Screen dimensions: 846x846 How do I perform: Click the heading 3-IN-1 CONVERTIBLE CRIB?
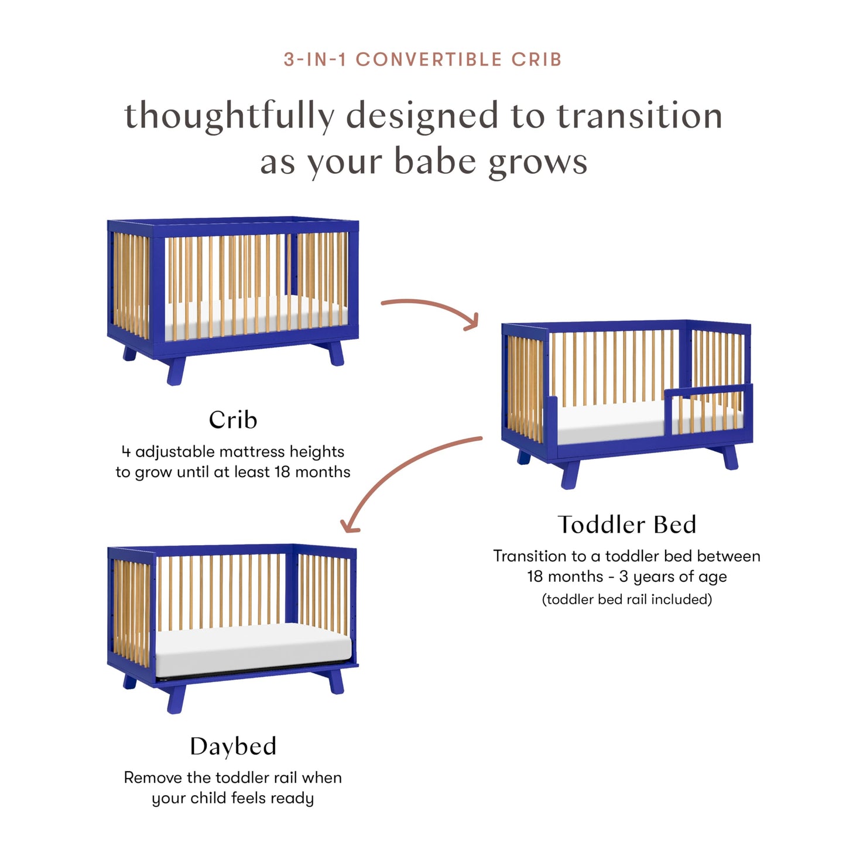click(423, 60)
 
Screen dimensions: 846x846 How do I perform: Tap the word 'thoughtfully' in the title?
click(230, 116)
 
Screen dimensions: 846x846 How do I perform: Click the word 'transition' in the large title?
click(639, 116)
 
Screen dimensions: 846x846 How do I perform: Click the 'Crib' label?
click(233, 420)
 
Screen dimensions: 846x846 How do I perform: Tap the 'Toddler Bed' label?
click(626, 525)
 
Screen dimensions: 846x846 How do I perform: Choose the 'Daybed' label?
click(233, 746)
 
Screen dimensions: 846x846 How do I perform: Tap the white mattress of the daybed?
click(252, 650)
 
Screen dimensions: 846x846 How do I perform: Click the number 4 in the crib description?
click(126, 452)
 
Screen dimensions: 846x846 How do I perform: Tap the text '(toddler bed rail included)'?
click(626, 600)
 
